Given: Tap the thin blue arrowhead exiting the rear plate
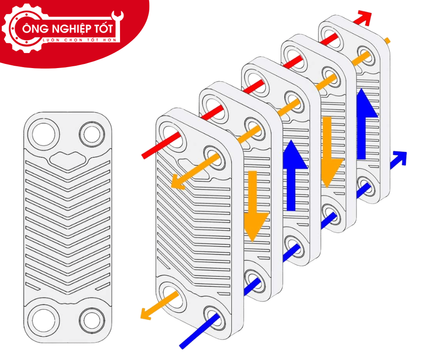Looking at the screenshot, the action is tap(400, 158).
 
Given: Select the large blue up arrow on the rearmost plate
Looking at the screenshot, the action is tap(366, 124).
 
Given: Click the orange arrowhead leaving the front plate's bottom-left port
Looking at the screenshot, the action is tap(146, 314).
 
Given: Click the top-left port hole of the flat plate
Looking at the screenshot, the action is tap(44, 134).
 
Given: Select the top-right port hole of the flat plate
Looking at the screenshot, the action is tap(92, 134).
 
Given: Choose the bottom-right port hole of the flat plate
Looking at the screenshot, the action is tap(92, 321).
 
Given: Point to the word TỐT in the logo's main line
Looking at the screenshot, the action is tap(104, 28).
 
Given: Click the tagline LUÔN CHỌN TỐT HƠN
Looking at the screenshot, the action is tap(79, 40).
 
